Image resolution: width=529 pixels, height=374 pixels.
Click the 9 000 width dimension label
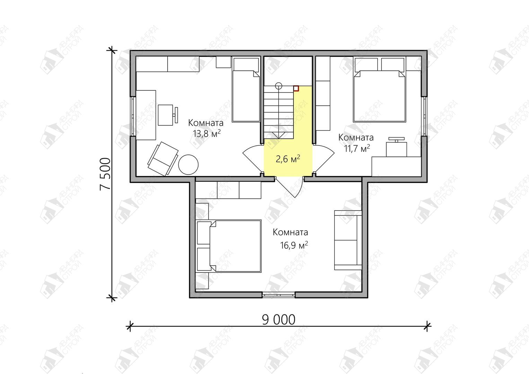tap(279, 320)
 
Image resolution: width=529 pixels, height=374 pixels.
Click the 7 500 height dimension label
tap(105, 174)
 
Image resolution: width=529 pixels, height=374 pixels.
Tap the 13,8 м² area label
tap(207, 134)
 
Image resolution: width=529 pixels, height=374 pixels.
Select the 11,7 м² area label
tap(357, 149)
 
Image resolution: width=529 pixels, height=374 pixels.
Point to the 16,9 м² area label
tap(294, 245)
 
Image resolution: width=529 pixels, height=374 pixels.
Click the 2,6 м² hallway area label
tap(288, 159)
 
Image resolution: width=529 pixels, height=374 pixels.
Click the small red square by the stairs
tap(296, 88)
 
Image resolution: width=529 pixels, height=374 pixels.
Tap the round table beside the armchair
tap(188, 164)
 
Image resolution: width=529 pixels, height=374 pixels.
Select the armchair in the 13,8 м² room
tap(163, 159)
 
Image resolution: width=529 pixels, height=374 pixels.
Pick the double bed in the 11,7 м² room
tap(379, 90)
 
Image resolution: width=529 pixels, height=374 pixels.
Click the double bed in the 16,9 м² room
tap(229, 246)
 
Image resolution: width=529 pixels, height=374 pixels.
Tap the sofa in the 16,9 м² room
tap(348, 240)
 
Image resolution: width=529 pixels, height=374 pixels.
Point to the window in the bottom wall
tap(279, 294)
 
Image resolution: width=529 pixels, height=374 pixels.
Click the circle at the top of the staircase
tap(279, 86)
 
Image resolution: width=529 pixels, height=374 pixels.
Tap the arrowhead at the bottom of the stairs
tap(279, 135)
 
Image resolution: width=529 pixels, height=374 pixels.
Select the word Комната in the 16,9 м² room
tap(290, 232)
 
